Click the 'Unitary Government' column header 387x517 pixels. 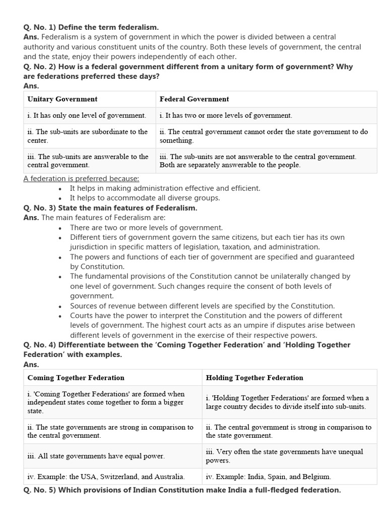pyautogui.click(x=62, y=99)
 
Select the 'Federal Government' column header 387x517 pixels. pyautogui.click(x=194, y=99)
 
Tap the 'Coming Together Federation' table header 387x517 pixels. pyautogui.click(x=76, y=378)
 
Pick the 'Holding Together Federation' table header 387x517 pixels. pyautogui.click(x=254, y=378)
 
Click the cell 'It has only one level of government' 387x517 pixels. pyautogui.click(x=87, y=116)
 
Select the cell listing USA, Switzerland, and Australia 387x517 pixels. pyautogui.click(x=106, y=476)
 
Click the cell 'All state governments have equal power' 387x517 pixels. pyautogui.click(x=96, y=456)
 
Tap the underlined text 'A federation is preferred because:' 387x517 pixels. pyautogui.click(x=81, y=179)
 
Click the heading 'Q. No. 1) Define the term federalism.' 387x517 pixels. pyautogui.click(x=91, y=27)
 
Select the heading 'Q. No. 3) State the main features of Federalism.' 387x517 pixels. pyautogui.click(x=110, y=208)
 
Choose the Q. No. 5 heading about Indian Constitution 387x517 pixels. pyautogui.click(x=182, y=490)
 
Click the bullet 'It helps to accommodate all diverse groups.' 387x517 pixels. pyautogui.click(x=145, y=198)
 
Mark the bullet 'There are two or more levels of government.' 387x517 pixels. pyautogui.click(x=146, y=228)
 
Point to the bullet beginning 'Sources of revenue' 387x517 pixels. pyautogui.click(x=202, y=306)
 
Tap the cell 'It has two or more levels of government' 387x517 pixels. pyautogui.click(x=225, y=116)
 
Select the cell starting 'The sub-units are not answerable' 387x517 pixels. pyautogui.click(x=257, y=161)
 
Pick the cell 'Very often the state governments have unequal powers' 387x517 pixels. pyautogui.click(x=284, y=456)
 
